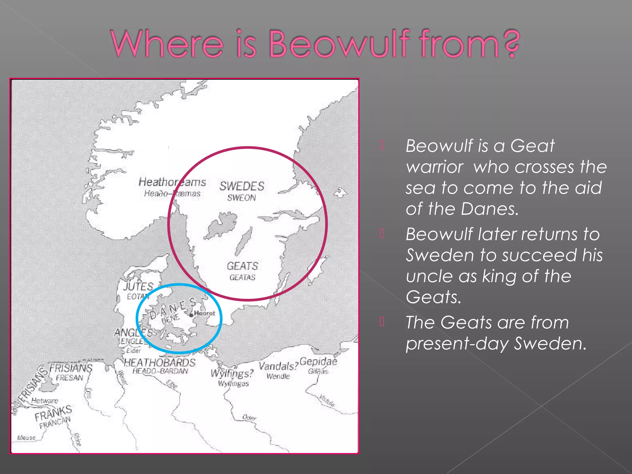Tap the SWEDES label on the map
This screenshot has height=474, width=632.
(242, 186)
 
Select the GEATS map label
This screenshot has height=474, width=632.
(242, 266)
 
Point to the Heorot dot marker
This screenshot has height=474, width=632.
(191, 315)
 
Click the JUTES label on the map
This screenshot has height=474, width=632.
(138, 286)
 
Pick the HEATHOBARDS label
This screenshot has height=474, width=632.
(160, 363)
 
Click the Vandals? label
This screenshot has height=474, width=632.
(278, 366)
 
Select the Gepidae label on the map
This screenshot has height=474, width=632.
(318, 361)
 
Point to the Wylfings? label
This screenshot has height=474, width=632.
(232, 374)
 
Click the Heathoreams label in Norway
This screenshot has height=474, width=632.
(172, 182)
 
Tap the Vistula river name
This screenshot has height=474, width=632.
(327, 400)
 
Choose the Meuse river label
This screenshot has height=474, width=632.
(27, 438)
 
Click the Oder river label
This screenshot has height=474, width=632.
(249, 418)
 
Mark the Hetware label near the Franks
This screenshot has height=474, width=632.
(45, 401)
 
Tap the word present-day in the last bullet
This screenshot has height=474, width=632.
(457, 343)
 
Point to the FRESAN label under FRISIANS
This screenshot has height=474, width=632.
(70, 378)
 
